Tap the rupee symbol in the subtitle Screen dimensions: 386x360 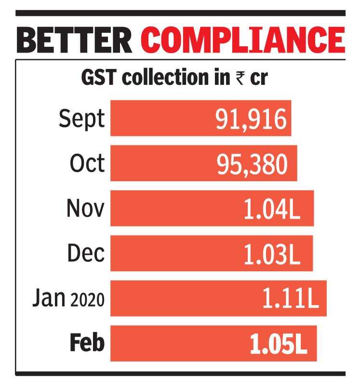(x=240, y=78)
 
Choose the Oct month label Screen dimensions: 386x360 (x=87, y=164)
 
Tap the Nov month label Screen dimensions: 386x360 (x=85, y=208)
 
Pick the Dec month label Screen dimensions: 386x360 (x=86, y=253)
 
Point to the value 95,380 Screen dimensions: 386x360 (x=252, y=164)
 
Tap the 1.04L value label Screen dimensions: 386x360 (x=272, y=209)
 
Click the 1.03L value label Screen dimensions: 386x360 (x=272, y=254)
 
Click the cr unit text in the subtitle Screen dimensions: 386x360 (x=258, y=78)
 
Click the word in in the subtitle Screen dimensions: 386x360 (x=221, y=78)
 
